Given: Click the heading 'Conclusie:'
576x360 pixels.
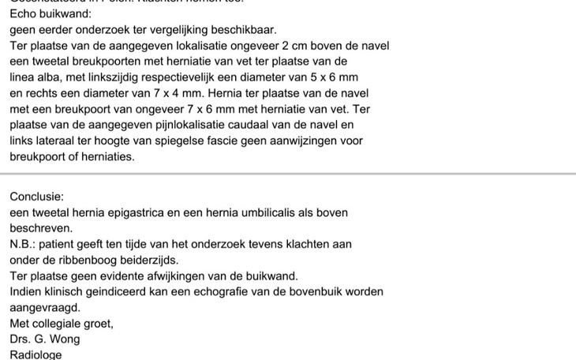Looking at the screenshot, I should (x=37, y=197).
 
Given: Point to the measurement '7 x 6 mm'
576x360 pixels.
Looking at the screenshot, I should (x=227, y=109).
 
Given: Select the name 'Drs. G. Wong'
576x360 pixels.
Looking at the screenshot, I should (x=45, y=339).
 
